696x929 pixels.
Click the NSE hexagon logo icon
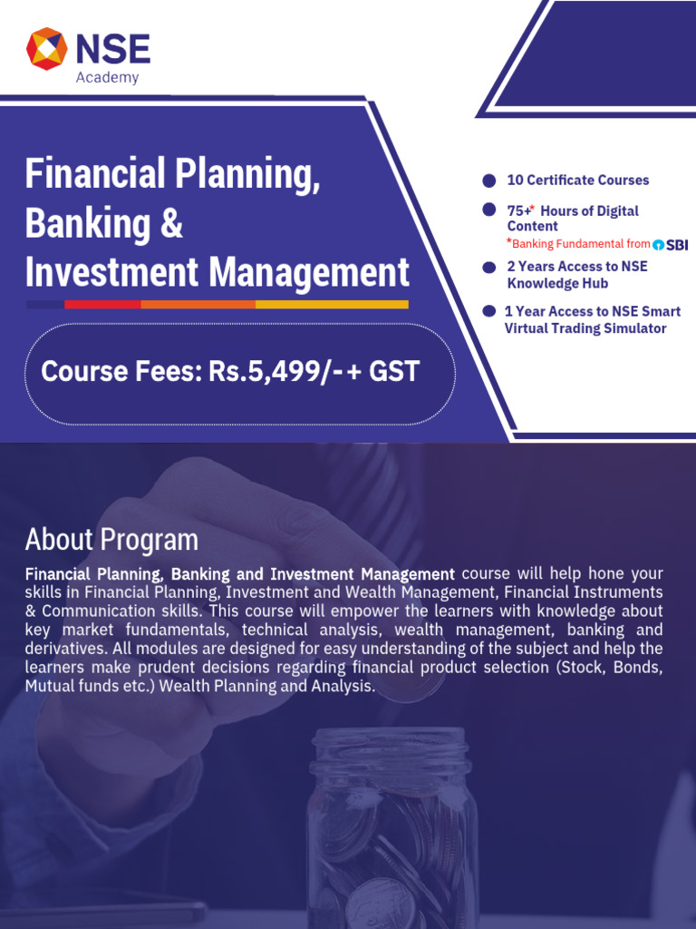pyautogui.click(x=47, y=48)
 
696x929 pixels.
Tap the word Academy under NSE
pyautogui.click(x=107, y=78)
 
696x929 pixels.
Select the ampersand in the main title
pyautogui.click(x=170, y=223)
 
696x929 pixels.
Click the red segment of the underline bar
pyautogui.click(x=102, y=305)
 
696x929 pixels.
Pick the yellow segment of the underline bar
pyautogui.click(x=332, y=305)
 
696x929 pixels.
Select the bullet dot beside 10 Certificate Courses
pyautogui.click(x=489, y=181)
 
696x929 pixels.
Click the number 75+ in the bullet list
pyautogui.click(x=519, y=211)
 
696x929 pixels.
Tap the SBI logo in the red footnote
pyautogui.click(x=671, y=244)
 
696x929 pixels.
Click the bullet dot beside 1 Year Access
pyautogui.click(x=489, y=311)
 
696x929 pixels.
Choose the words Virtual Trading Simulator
pyautogui.click(x=585, y=328)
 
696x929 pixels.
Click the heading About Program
pyautogui.click(x=111, y=540)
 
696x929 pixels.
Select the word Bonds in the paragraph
pyautogui.click(x=638, y=668)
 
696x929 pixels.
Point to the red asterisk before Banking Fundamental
pyautogui.click(x=509, y=242)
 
